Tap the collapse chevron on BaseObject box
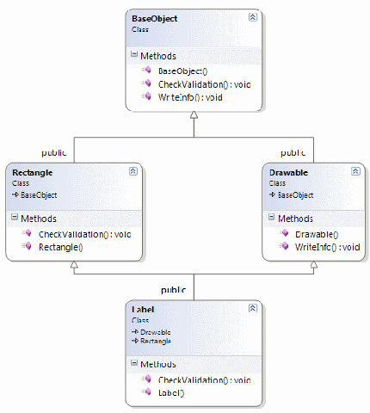point(251,17)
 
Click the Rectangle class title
point(33,173)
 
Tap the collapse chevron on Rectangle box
point(133,171)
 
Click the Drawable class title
point(288,173)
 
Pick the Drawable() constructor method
point(316,233)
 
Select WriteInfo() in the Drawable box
point(327,247)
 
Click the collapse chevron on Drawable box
point(352,171)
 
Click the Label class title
point(143,309)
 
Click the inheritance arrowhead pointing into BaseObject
point(194,118)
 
